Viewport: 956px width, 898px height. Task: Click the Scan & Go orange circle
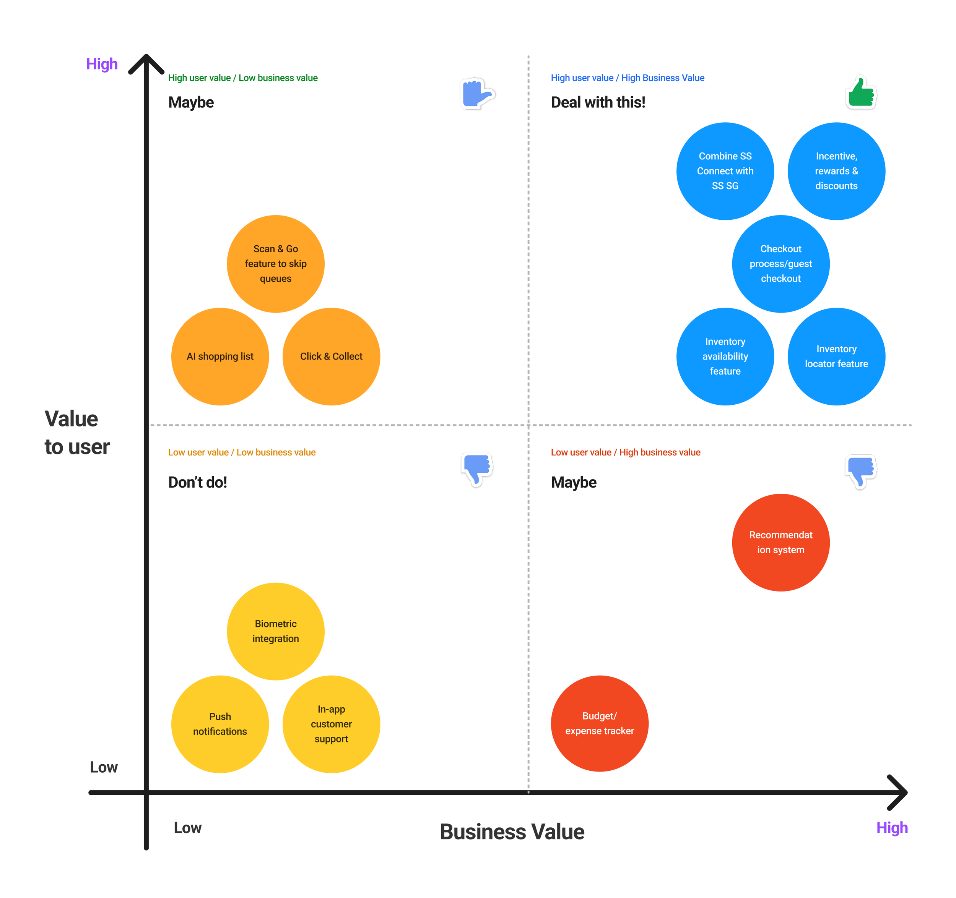click(x=276, y=264)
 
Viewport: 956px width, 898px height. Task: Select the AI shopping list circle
click(x=220, y=357)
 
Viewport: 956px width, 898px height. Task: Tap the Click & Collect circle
click(x=331, y=357)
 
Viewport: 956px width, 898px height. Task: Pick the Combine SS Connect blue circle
click(x=725, y=171)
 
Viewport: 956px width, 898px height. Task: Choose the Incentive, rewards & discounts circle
click(x=836, y=171)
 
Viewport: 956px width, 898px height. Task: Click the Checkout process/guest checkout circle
click(x=780, y=264)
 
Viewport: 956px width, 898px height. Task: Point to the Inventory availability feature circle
click(x=725, y=357)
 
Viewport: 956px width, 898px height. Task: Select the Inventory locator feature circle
click(x=836, y=357)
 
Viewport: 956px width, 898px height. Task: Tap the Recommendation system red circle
click(x=780, y=543)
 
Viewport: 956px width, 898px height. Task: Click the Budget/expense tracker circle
click(x=599, y=724)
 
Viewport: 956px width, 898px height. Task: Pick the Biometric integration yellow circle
click(x=276, y=631)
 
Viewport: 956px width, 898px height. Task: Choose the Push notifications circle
click(x=220, y=724)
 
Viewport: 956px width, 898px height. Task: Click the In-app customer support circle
click(x=331, y=724)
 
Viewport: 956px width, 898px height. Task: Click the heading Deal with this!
click(x=598, y=102)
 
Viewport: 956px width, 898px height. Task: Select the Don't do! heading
click(x=197, y=482)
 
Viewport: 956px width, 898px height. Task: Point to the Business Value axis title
click(x=512, y=832)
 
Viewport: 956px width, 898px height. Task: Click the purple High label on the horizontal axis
click(x=891, y=827)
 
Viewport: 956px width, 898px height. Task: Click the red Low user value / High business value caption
click(x=625, y=452)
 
